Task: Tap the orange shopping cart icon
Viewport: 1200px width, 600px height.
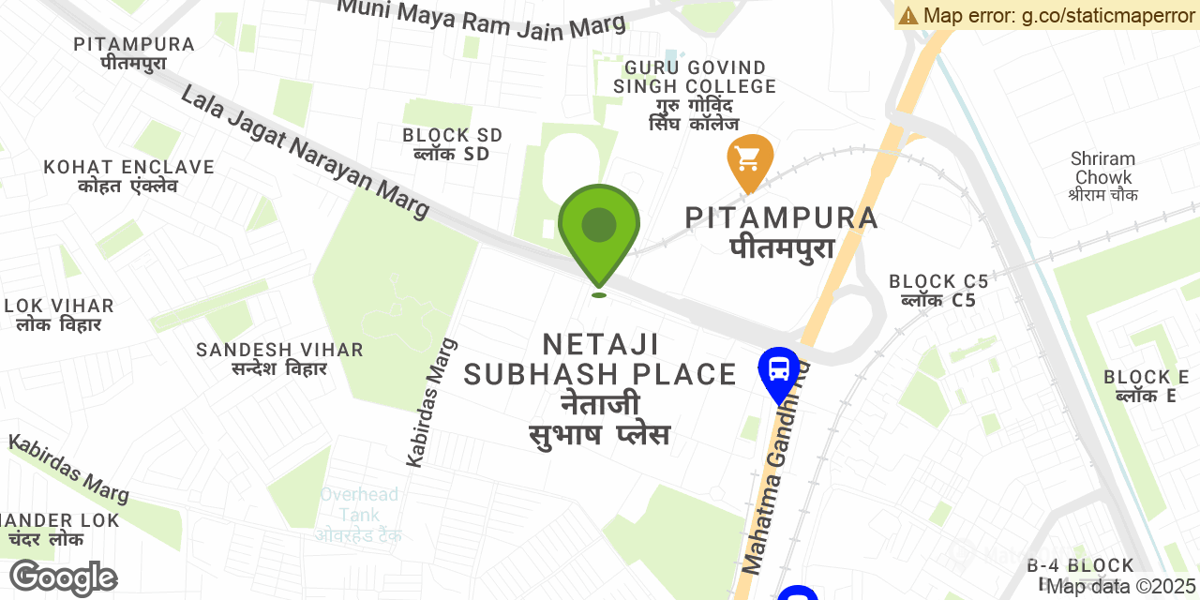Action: click(x=750, y=160)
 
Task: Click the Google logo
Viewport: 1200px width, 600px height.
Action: click(x=63, y=577)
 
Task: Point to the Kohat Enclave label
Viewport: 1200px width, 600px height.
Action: click(x=128, y=175)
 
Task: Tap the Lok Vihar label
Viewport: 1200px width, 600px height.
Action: click(x=59, y=314)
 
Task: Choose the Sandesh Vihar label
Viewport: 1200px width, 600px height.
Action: click(x=279, y=358)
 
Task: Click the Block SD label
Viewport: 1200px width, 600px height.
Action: click(x=453, y=143)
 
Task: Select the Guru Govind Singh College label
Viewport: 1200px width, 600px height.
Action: click(x=695, y=95)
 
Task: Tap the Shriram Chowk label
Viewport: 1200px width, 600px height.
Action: click(x=1103, y=176)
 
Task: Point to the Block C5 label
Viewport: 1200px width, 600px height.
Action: click(x=938, y=290)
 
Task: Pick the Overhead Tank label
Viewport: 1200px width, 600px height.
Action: click(x=359, y=514)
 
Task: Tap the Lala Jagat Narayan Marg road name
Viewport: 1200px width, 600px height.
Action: click(x=306, y=153)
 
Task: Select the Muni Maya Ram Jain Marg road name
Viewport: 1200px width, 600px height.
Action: click(x=481, y=19)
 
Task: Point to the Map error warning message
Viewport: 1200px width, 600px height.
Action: click(x=1046, y=15)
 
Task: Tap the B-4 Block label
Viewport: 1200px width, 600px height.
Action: click(x=1080, y=565)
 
